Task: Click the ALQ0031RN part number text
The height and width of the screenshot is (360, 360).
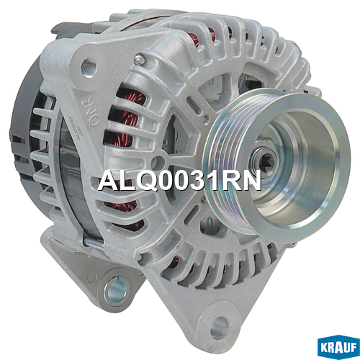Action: point(179,180)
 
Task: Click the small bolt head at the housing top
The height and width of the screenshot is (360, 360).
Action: point(140,59)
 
